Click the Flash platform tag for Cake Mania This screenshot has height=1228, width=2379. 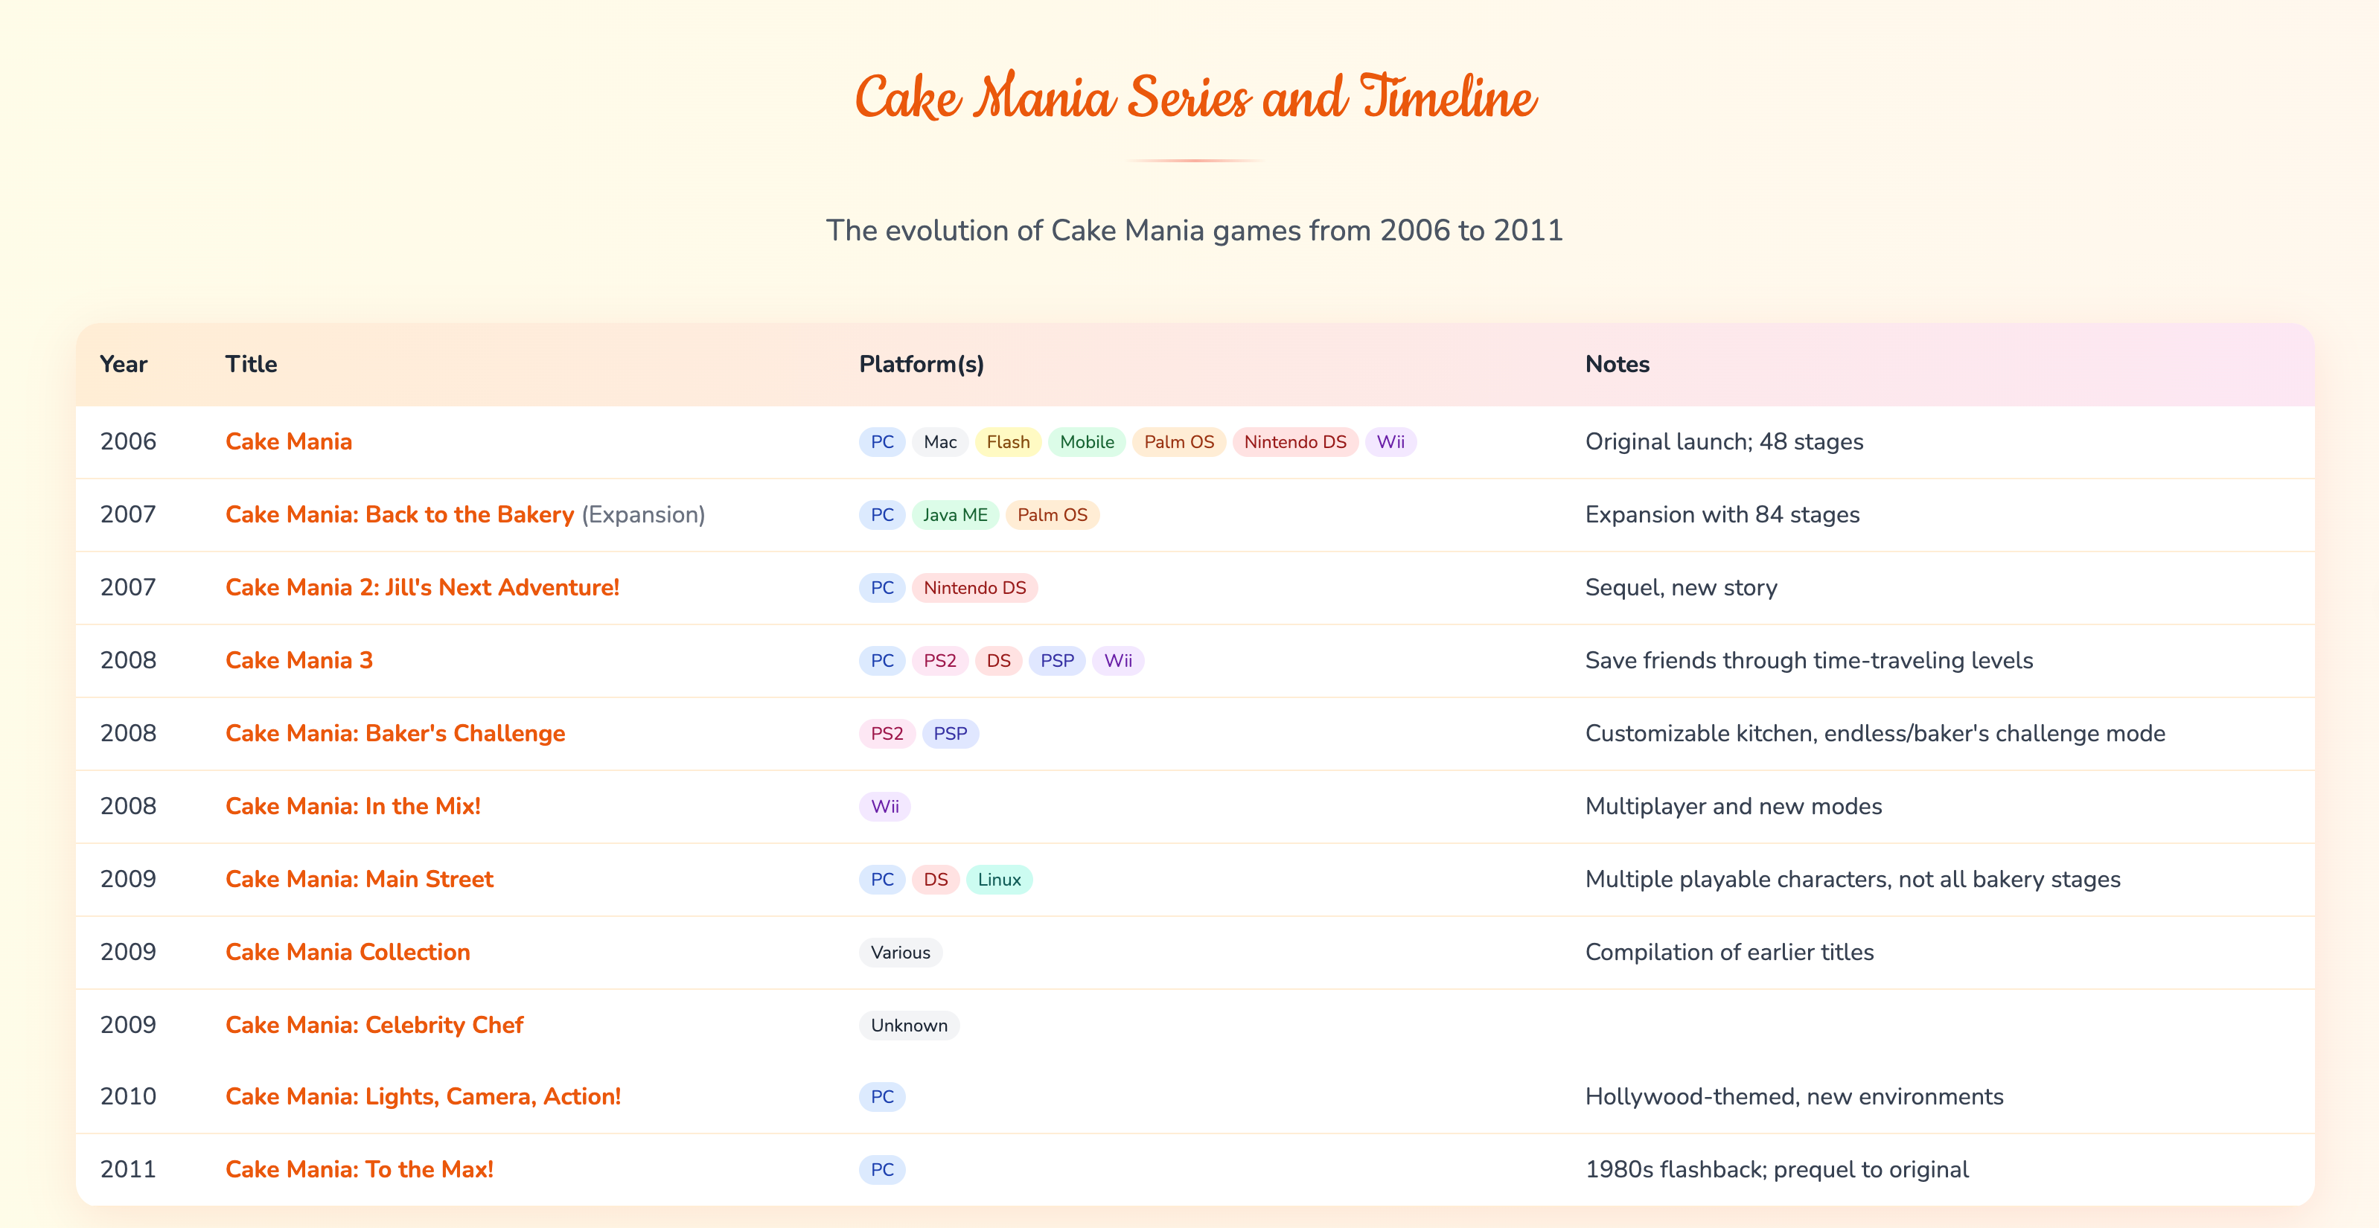click(x=1008, y=442)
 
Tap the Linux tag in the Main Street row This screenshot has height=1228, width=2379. click(x=998, y=880)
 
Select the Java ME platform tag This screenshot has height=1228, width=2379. click(x=955, y=515)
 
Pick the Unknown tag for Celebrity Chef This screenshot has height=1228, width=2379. click(x=908, y=1026)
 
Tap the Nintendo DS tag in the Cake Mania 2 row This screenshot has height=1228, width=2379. click(x=974, y=588)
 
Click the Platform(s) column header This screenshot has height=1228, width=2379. click(x=921, y=365)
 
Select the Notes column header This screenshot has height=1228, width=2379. click(x=1616, y=365)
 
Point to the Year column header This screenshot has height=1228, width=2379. click(x=123, y=365)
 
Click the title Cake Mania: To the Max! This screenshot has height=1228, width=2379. click(x=360, y=1170)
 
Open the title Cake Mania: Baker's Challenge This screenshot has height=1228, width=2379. click(x=395, y=734)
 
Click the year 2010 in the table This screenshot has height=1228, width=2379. click(x=127, y=1097)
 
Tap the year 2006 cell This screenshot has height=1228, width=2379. click(x=127, y=442)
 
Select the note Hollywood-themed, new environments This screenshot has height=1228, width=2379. click(x=1793, y=1097)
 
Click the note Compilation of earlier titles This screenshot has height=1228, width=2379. click(x=1729, y=953)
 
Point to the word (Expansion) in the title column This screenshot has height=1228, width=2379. click(x=643, y=515)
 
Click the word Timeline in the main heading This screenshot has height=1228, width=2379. click(x=1448, y=98)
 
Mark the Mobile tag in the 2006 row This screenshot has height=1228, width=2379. click(x=1086, y=442)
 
